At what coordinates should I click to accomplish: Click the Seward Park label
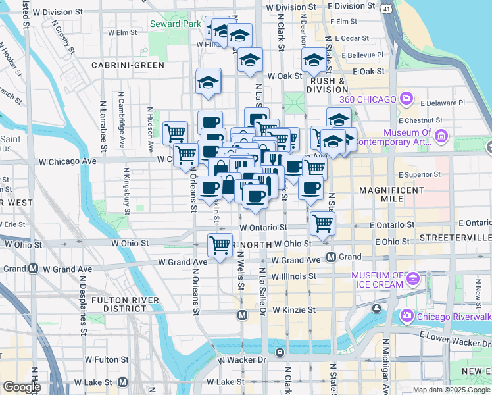[175, 24]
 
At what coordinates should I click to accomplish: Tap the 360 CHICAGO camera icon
[406, 99]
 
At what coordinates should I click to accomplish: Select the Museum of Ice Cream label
[376, 280]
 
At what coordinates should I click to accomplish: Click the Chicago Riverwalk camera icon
[406, 317]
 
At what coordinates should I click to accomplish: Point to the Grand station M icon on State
[332, 257]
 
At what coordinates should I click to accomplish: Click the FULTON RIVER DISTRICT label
[126, 304]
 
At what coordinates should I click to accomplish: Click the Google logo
[22, 386]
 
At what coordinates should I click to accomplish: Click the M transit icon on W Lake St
[123, 382]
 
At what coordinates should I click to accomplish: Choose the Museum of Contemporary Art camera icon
[441, 137]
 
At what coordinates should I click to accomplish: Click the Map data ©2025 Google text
[451, 390]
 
